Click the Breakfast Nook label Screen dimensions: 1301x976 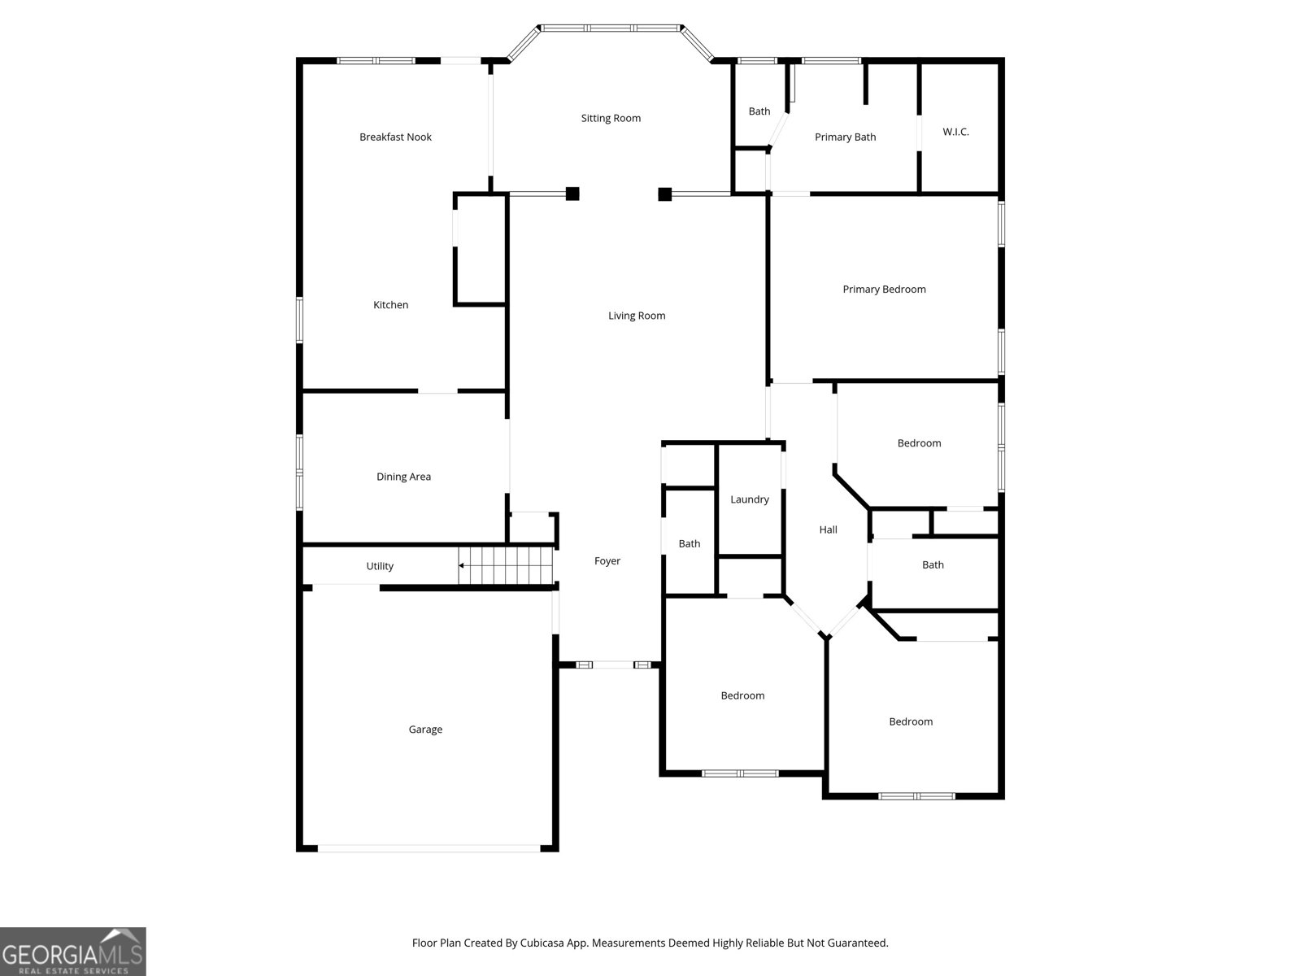click(x=395, y=137)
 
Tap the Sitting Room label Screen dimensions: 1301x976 click(x=611, y=118)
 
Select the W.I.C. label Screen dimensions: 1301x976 click(x=955, y=132)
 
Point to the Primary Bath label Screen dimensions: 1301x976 click(x=845, y=137)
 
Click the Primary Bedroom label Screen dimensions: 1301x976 click(x=884, y=290)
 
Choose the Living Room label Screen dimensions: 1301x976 click(x=637, y=316)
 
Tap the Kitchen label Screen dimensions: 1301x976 click(x=390, y=304)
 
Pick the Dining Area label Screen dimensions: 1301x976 click(x=403, y=477)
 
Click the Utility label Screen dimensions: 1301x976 click(x=380, y=566)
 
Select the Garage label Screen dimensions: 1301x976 click(x=425, y=730)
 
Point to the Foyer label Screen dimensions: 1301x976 click(x=607, y=560)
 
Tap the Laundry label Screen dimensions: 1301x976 click(x=749, y=499)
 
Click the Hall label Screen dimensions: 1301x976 click(x=828, y=529)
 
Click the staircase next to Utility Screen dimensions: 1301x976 click(x=506, y=565)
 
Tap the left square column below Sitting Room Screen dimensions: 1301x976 click(x=572, y=194)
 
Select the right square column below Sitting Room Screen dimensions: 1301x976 click(x=664, y=194)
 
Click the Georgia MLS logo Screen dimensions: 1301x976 click(x=73, y=951)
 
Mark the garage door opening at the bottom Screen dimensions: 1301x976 click(x=429, y=848)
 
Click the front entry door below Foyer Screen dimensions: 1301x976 click(x=613, y=664)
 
